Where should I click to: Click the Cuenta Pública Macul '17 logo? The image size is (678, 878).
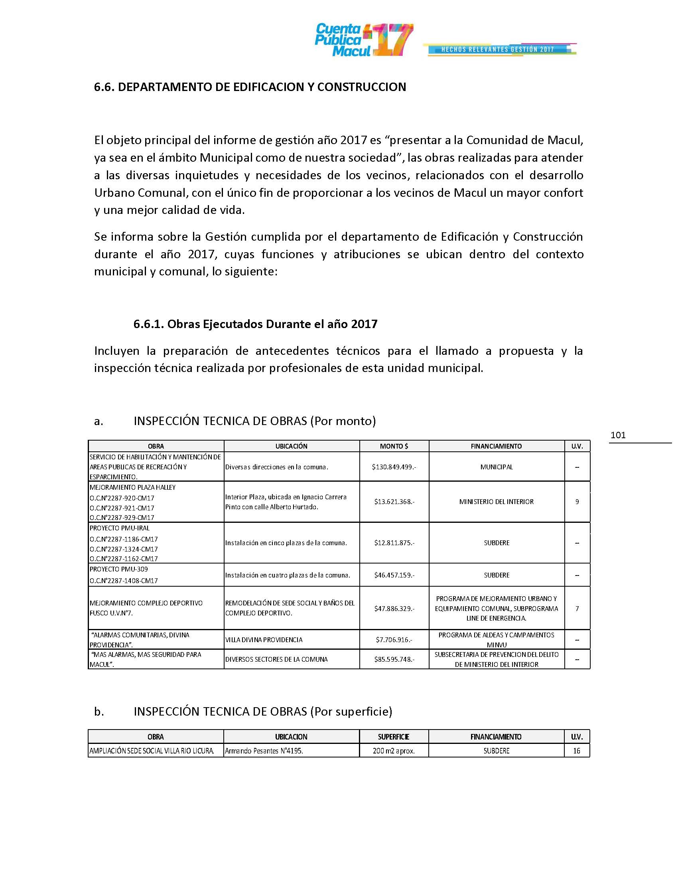point(363,40)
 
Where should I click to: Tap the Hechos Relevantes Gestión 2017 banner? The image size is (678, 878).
point(499,49)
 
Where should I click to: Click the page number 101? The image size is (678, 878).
point(618,435)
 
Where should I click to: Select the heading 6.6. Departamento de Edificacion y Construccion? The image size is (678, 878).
point(250,87)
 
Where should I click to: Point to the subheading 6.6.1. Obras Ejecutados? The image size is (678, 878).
point(256,324)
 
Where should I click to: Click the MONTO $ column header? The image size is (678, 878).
point(394,446)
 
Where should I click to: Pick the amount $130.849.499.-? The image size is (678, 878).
point(394,467)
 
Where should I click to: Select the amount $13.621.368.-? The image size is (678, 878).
point(394,502)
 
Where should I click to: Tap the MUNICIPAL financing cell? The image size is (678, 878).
point(497,467)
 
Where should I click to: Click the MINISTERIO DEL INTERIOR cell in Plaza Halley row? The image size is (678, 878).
point(497,502)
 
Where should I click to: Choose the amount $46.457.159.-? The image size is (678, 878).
point(394,575)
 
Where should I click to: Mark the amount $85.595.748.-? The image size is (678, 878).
point(394,659)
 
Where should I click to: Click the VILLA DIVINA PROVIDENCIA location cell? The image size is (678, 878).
point(264,640)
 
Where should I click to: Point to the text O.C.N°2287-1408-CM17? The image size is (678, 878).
point(124,581)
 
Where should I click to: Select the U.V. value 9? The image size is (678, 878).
point(577,502)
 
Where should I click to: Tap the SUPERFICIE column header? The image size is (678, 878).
point(394,737)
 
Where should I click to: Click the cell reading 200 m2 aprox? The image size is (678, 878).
point(394,751)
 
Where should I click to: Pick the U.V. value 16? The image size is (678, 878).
point(577,751)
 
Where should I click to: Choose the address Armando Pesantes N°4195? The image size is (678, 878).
point(264,751)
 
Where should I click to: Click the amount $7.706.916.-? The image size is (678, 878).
point(394,640)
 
